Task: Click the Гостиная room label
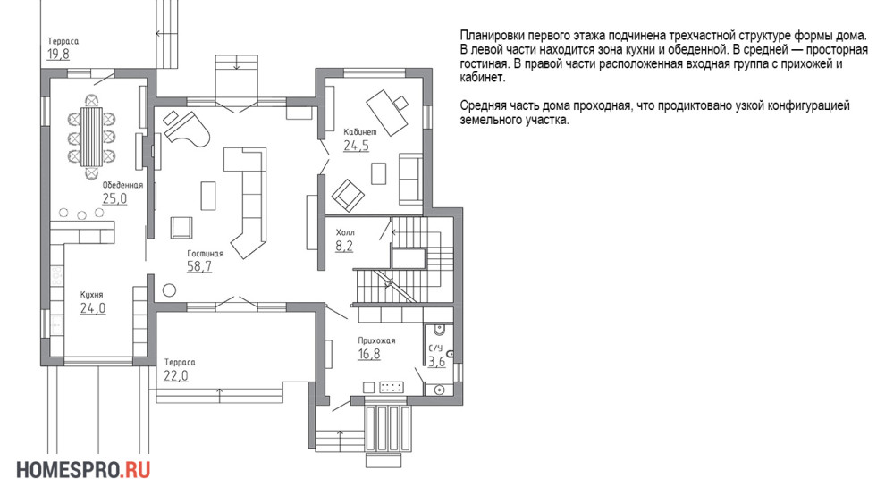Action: tap(206, 254)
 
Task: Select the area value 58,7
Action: tap(199, 266)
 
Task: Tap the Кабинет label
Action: tap(360, 132)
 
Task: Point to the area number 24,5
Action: tap(356, 146)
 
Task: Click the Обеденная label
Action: tap(122, 185)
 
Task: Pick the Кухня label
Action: tap(91, 295)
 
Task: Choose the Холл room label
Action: tap(345, 232)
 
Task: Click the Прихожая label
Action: tap(376, 341)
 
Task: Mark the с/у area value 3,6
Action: tap(436, 362)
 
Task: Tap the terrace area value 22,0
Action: tap(176, 376)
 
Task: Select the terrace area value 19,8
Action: tap(58, 55)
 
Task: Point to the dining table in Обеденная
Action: tap(91, 137)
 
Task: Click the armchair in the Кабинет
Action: tap(348, 196)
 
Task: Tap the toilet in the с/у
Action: tap(439, 330)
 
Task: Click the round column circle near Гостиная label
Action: tap(169, 290)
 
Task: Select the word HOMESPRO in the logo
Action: tap(68, 470)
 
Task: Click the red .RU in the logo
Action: tap(135, 470)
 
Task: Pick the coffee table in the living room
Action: tap(208, 196)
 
